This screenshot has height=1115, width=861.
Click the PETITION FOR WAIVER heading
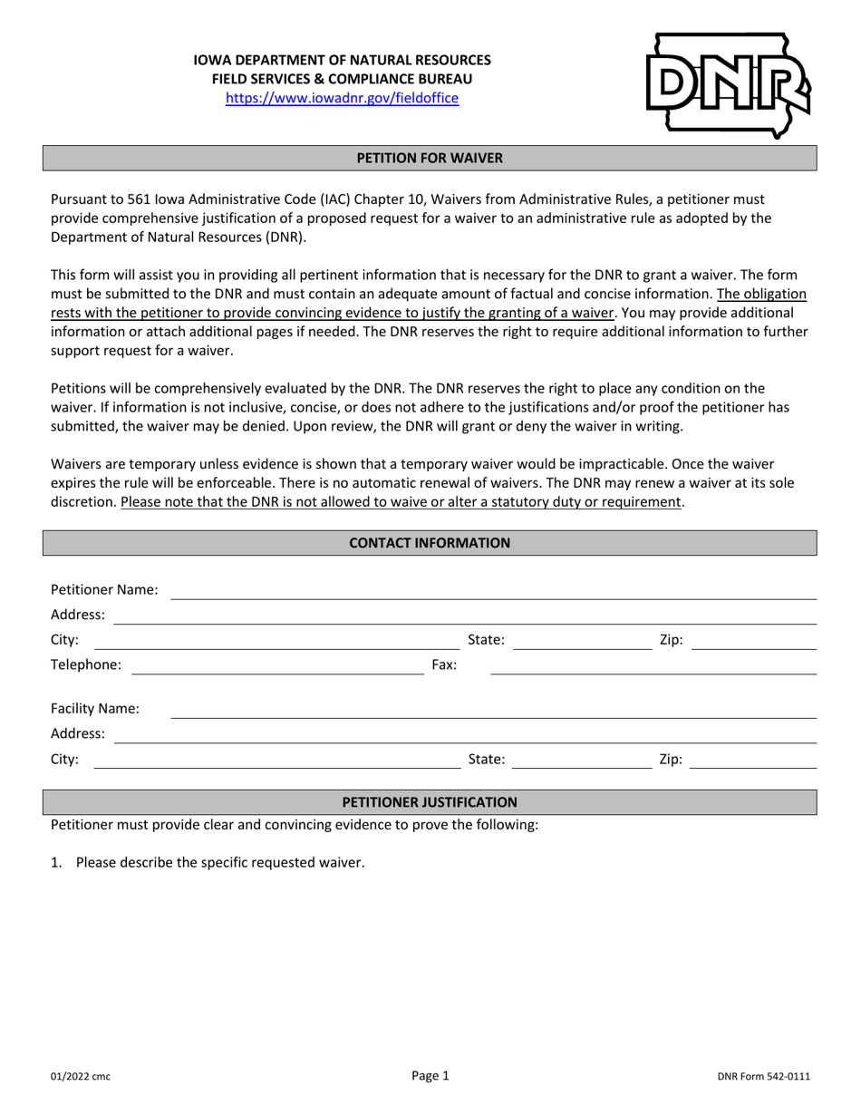tap(430, 158)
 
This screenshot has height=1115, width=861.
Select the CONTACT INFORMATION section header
tap(430, 543)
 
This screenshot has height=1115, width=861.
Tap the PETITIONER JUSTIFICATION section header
tap(430, 802)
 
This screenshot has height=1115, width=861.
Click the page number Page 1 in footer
tap(430, 1076)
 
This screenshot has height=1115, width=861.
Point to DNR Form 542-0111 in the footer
tap(763, 1077)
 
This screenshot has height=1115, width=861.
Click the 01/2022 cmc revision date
tap(81, 1077)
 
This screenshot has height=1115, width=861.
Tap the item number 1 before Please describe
tap(55, 863)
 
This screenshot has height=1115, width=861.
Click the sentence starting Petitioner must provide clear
tap(295, 825)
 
